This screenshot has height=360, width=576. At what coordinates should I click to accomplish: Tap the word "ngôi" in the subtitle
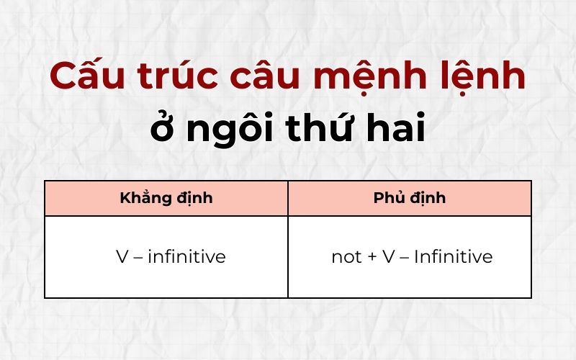tap(225, 131)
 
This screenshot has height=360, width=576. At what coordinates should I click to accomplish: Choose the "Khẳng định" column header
tap(166, 198)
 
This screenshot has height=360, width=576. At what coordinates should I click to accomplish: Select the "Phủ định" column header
tap(410, 198)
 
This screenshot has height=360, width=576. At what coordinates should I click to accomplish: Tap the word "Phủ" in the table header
tap(390, 198)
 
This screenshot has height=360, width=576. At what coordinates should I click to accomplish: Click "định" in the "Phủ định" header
tap(429, 198)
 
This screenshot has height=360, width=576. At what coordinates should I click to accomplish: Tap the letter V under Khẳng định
tap(122, 257)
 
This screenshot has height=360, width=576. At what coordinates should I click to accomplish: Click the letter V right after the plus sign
tap(389, 257)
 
